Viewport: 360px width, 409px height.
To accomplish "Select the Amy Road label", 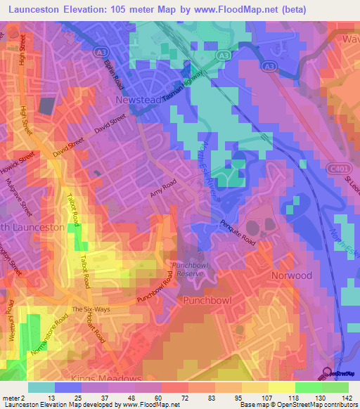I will (162, 190).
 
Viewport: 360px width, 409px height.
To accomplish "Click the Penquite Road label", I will (234, 230).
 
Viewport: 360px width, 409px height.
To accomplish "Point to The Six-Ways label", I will (86, 310).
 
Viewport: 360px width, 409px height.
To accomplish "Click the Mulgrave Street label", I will (26, 200).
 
